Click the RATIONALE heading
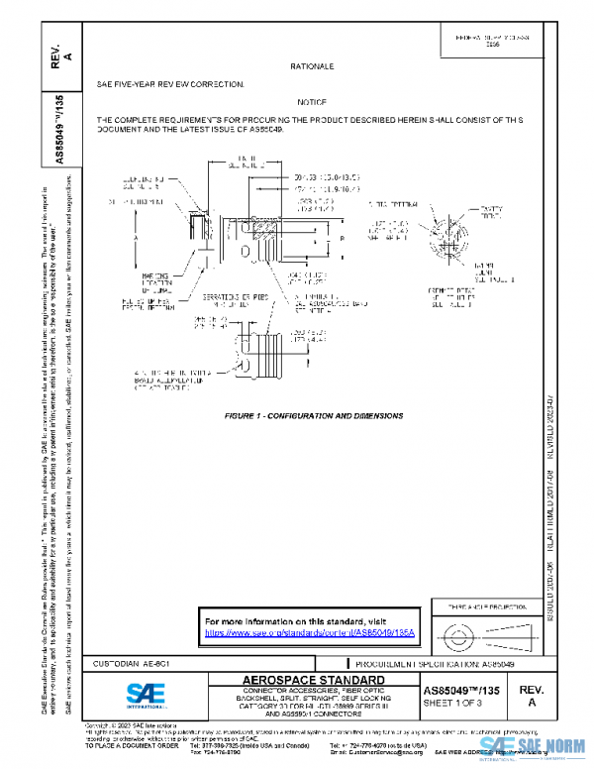(x=312, y=65)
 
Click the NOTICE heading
(x=312, y=102)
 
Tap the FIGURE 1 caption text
(x=313, y=415)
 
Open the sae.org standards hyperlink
(x=308, y=631)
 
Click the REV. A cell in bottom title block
(x=531, y=694)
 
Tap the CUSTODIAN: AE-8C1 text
(x=130, y=662)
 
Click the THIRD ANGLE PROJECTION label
(x=480, y=605)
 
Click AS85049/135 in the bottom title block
(x=456, y=688)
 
